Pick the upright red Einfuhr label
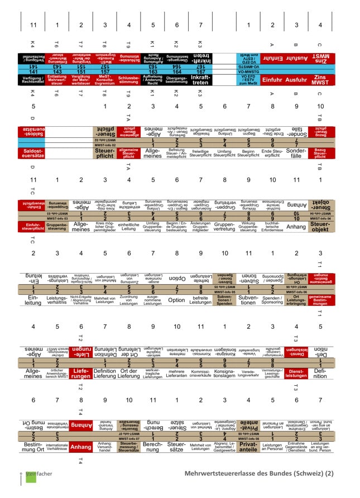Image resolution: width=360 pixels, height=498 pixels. click(272, 80)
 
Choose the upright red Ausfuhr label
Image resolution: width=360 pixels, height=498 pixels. click(296, 80)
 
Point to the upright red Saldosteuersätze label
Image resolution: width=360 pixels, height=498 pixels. click(33, 152)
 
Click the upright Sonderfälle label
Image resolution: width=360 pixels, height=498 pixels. click(296, 152)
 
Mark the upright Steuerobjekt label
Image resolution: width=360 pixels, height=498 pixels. click(320, 226)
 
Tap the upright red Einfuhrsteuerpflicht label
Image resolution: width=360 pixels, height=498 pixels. click(33, 226)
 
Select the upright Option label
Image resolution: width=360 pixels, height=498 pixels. click(176, 300)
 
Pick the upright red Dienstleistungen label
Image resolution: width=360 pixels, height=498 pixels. click(296, 372)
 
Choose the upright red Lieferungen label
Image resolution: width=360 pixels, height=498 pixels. click(81, 372)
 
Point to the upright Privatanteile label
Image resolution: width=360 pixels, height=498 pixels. click(248, 447)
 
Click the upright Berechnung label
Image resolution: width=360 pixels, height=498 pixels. click(153, 447)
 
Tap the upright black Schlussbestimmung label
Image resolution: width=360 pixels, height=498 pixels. click(129, 80)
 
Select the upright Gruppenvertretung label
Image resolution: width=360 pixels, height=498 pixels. click(224, 226)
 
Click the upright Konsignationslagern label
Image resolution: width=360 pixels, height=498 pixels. click(224, 373)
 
